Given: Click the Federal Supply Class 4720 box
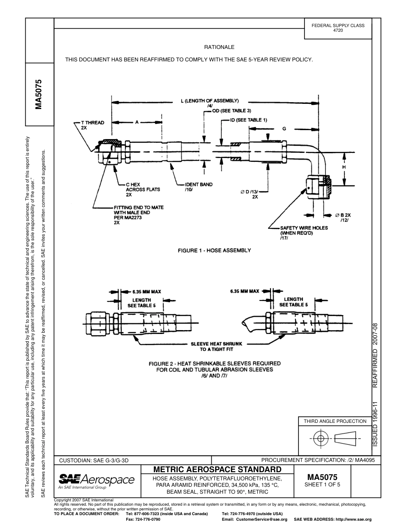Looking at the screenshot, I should click(338, 28).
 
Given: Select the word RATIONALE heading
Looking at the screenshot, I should click(219, 47).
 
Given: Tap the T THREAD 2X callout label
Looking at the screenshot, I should click(92, 125).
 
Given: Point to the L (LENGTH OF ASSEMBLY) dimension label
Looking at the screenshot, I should click(209, 100).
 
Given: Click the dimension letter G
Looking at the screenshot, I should click(284, 129).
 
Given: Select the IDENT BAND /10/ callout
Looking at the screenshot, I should click(198, 187).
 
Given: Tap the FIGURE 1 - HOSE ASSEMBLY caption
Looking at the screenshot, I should click(214, 250).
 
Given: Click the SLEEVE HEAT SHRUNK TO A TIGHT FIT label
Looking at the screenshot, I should click(216, 346).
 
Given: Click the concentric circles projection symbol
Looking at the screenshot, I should click(320, 438).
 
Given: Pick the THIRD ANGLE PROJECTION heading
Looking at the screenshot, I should click(335, 421).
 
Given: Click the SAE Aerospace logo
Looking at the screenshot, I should click(96, 480).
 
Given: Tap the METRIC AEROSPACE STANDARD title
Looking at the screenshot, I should click(217, 469).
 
